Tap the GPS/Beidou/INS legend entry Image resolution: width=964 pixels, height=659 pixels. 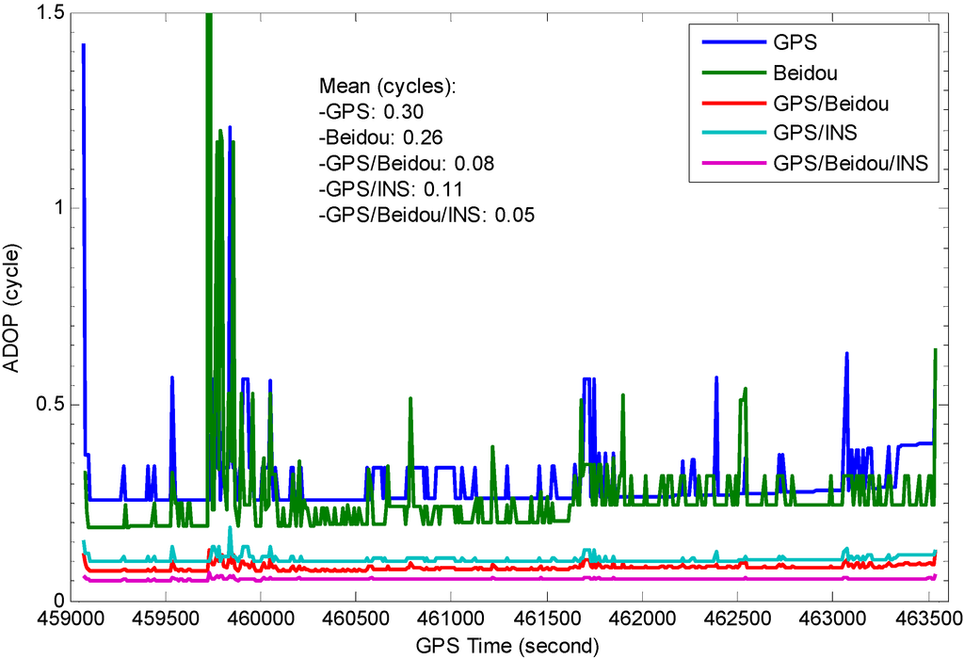850,163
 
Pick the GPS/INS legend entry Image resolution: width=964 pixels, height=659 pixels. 814,133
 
